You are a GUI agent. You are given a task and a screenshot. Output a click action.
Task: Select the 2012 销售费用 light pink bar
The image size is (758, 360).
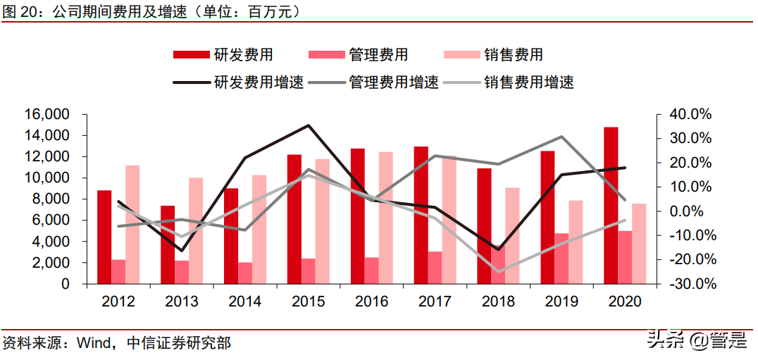[132, 224]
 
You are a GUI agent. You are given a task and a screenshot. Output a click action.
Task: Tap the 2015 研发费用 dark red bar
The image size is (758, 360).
[294, 219]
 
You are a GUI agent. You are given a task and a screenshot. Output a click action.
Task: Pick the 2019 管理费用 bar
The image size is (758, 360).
[562, 259]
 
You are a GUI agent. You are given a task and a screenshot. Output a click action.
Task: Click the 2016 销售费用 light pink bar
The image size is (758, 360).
[386, 218]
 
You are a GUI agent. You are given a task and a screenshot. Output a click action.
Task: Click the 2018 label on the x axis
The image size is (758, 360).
[498, 302]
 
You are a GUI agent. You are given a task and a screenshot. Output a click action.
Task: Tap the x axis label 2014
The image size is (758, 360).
[245, 302]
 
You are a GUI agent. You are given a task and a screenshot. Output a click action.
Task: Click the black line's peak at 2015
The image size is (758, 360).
[309, 125]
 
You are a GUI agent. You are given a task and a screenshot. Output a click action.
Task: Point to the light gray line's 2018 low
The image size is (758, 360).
[499, 272]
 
